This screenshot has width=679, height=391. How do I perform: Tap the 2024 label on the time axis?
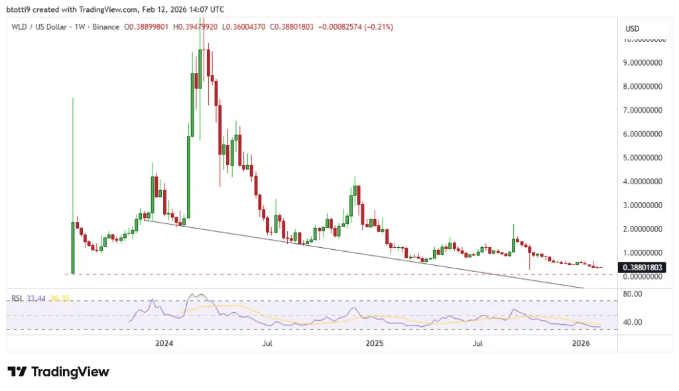(x=164, y=343)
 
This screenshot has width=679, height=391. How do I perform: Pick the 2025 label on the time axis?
(x=375, y=343)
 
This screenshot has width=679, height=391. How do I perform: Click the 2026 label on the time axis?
(x=581, y=343)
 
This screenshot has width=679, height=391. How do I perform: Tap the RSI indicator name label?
(x=17, y=299)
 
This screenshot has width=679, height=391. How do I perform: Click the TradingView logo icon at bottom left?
(x=17, y=372)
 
